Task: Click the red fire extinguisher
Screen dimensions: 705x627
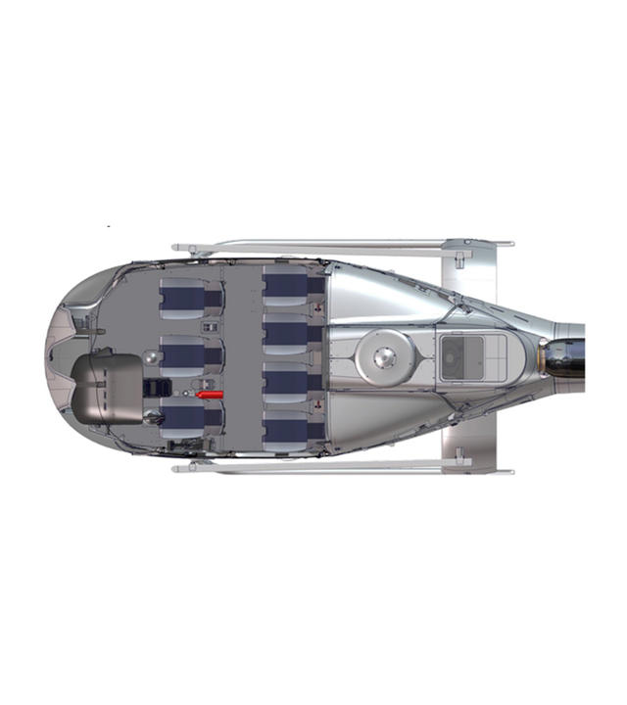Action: [210, 394]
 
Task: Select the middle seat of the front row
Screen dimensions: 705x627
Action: [187, 355]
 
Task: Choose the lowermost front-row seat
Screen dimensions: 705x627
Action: [185, 418]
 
